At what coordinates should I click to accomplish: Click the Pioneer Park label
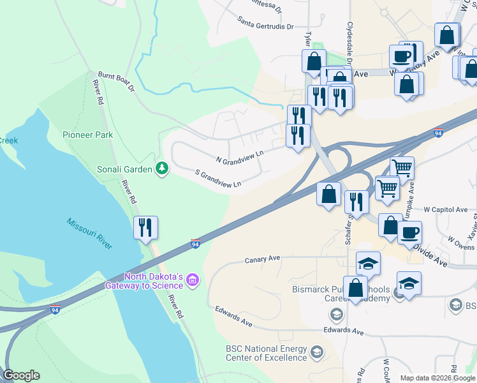[87, 135]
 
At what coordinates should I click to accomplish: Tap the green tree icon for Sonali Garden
[163, 169]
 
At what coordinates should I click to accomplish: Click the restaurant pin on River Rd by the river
[145, 227]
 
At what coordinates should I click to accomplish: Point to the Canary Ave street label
[263, 260]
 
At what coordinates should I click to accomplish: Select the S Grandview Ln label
[217, 178]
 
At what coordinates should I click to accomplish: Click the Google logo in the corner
[21, 375]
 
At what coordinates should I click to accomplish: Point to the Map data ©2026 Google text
[437, 378]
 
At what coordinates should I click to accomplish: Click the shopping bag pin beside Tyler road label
[314, 61]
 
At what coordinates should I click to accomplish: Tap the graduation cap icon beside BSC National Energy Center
[316, 352]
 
